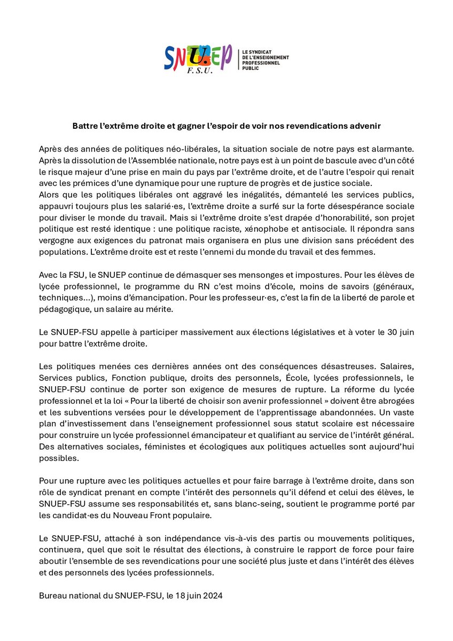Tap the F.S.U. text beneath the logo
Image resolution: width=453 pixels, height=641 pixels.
tap(196, 71)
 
